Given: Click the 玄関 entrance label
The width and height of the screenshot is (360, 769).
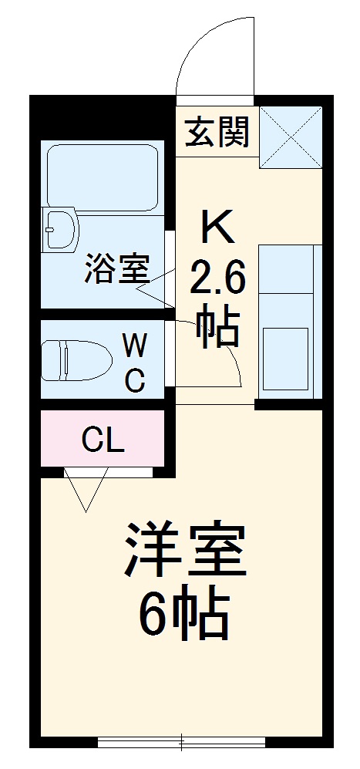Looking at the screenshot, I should click(217, 133).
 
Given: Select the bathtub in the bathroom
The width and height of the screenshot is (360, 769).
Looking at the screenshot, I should click(102, 176).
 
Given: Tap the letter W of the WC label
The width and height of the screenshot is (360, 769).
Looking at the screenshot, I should click(135, 342).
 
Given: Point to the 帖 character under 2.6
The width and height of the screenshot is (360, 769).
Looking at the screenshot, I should click(218, 329).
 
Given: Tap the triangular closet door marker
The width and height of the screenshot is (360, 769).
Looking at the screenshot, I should click(86, 490).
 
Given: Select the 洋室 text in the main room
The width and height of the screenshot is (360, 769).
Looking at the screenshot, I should click(185, 551).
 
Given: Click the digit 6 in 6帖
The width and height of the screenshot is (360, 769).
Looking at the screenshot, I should click(153, 615).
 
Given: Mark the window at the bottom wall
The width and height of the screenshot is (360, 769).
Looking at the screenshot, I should click(182, 742).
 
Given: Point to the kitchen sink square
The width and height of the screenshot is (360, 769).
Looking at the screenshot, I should click(285, 359).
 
